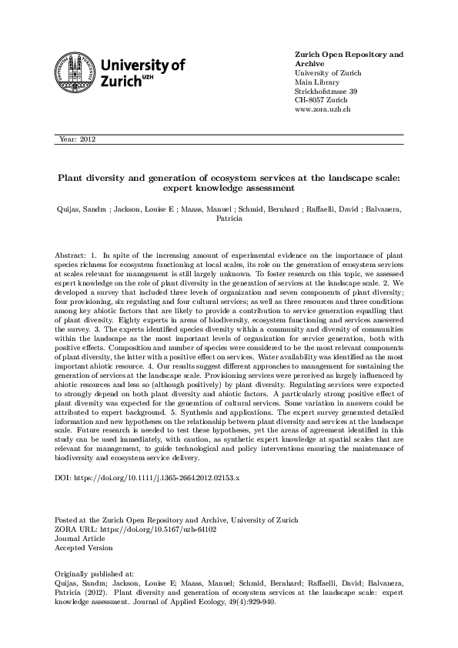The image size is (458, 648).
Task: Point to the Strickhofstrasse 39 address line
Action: [x=326, y=91]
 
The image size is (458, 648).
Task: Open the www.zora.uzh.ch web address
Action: [x=323, y=109]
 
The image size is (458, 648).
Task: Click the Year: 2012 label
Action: [x=76, y=139]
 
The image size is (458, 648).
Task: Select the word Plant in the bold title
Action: [x=74, y=176]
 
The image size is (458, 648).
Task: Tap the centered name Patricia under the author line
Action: [x=229, y=218]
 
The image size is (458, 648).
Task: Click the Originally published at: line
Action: [x=95, y=574]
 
